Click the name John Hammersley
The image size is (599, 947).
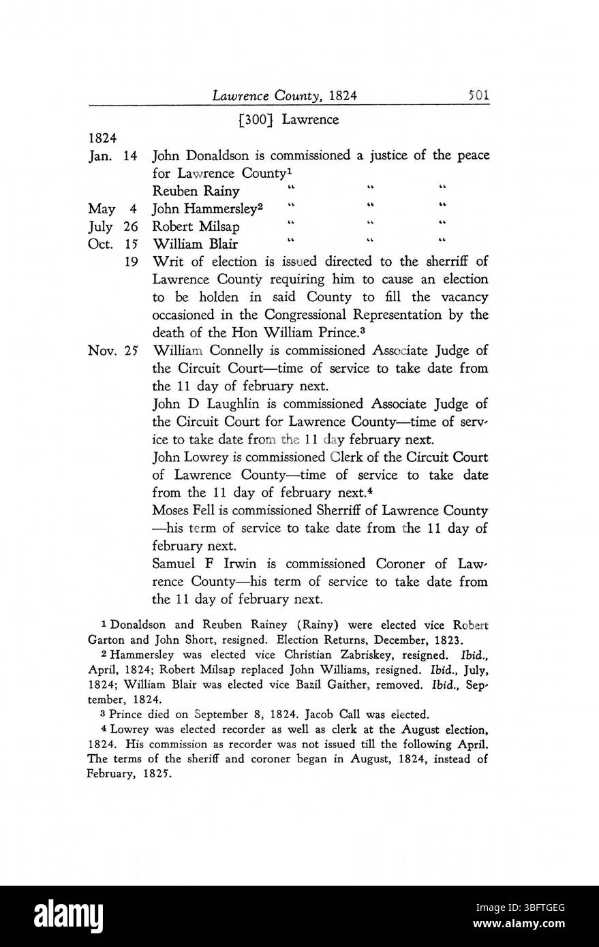click(x=200, y=208)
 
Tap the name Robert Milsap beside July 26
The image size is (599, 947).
click(x=195, y=226)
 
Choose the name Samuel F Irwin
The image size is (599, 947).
click(x=203, y=564)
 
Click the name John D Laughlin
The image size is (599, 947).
click(x=206, y=404)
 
